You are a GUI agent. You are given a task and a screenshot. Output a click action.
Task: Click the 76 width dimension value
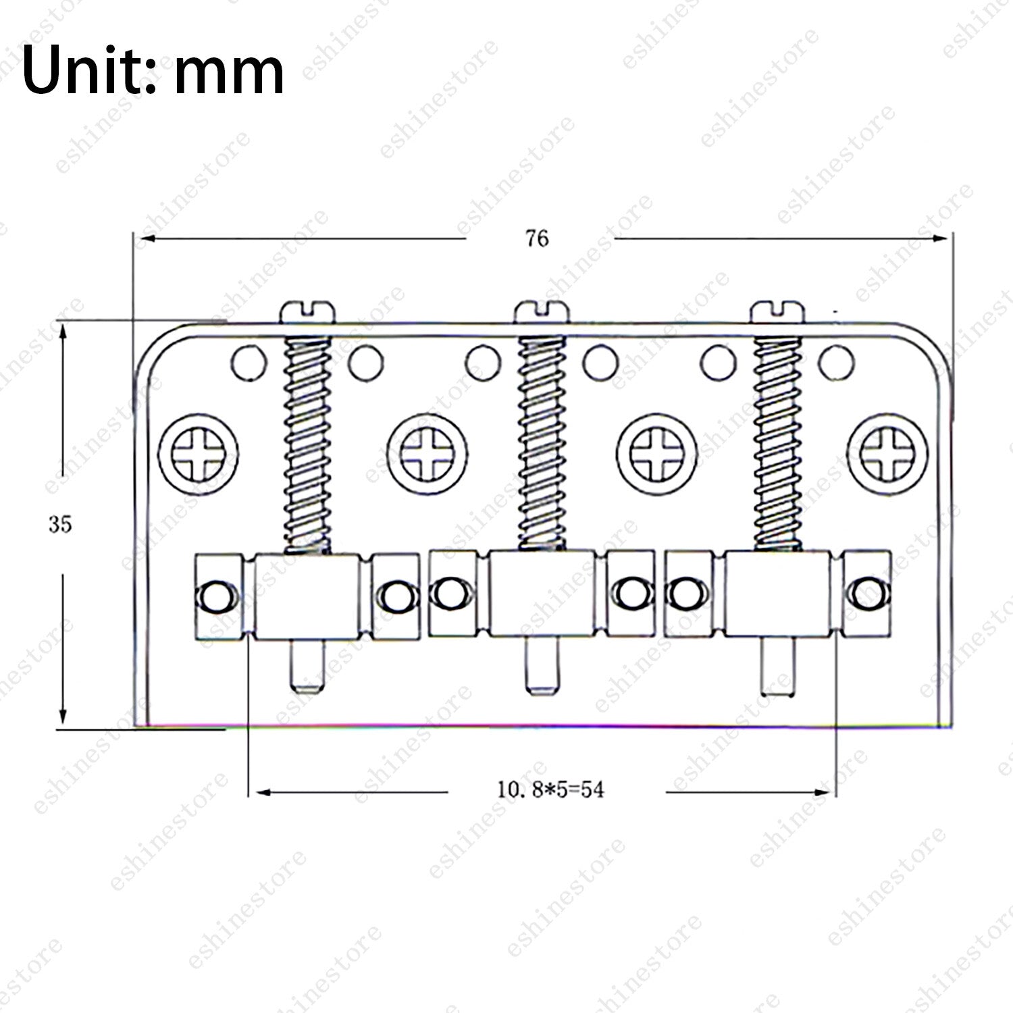pyautogui.click(x=537, y=239)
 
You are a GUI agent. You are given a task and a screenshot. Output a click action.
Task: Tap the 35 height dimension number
pyautogui.click(x=60, y=525)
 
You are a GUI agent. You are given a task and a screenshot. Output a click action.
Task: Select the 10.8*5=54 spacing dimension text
pyautogui.click(x=550, y=789)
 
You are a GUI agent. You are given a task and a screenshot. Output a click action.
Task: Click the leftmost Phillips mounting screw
pyautogui.click(x=199, y=452)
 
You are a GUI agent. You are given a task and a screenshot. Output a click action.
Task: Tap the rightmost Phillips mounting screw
pyautogui.click(x=887, y=452)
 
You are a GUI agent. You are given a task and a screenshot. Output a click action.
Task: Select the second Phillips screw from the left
pyautogui.click(x=428, y=452)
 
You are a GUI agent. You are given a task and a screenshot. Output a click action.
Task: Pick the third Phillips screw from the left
pyautogui.click(x=658, y=452)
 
